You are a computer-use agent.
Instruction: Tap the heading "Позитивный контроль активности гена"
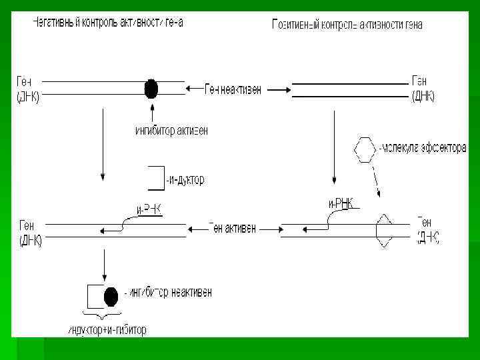[347, 25]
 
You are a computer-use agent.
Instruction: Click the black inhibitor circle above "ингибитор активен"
[151, 88]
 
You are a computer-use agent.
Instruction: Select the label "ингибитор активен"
[171, 131]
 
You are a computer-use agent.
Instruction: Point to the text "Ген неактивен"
[233, 89]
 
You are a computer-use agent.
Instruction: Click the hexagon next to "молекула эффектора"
[365, 149]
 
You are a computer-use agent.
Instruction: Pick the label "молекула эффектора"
[422, 148]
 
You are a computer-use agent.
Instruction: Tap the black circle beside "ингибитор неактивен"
[111, 295]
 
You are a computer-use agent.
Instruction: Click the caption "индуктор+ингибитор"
[107, 330]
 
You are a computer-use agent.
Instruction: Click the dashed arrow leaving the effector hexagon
[376, 179]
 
